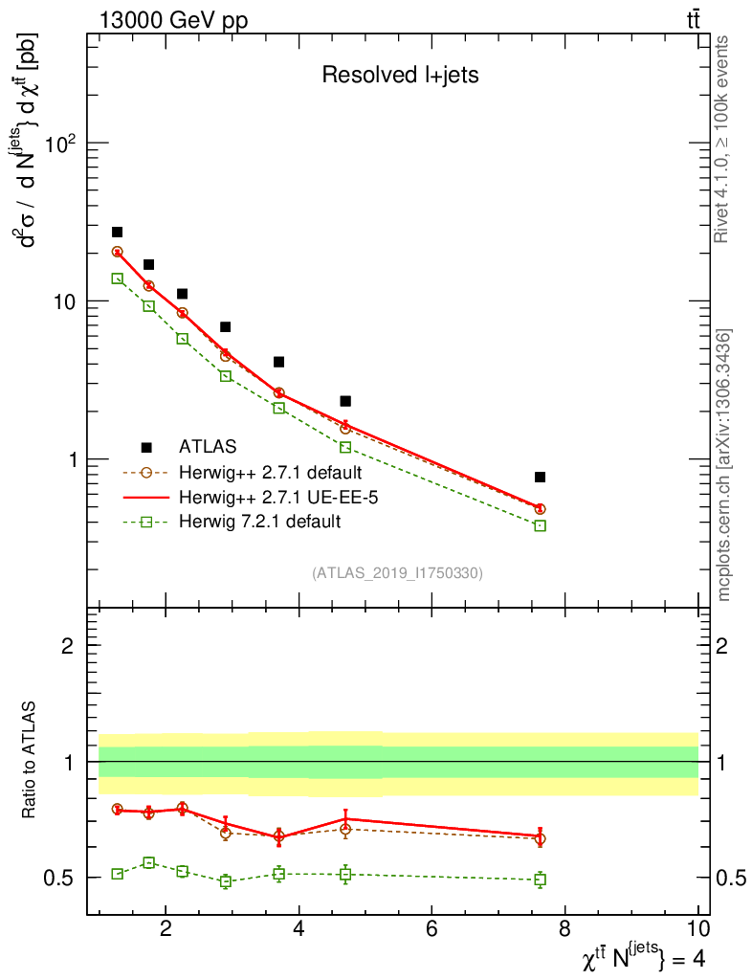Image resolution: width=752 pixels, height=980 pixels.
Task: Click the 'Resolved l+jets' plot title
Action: [400, 76]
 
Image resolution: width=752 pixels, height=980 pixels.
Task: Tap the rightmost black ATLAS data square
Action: [540, 477]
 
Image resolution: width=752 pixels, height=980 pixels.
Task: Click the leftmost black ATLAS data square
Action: [117, 232]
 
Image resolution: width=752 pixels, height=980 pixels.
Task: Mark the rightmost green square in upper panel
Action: [540, 525]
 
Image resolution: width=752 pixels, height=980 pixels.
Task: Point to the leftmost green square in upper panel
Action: [117, 278]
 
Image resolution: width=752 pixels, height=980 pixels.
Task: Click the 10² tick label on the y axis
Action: [61, 144]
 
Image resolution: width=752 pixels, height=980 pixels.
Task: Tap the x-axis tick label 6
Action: [431, 928]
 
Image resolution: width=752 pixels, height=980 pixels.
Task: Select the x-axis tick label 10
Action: [697, 928]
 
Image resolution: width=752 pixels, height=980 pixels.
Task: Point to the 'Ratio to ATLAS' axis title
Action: [30, 762]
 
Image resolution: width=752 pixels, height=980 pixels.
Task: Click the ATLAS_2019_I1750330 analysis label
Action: [397, 573]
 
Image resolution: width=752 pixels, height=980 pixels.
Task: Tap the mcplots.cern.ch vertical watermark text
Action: [724, 464]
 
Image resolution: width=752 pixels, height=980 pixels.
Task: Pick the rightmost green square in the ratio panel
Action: [540, 880]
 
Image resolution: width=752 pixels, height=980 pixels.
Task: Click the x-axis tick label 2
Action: [166, 928]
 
